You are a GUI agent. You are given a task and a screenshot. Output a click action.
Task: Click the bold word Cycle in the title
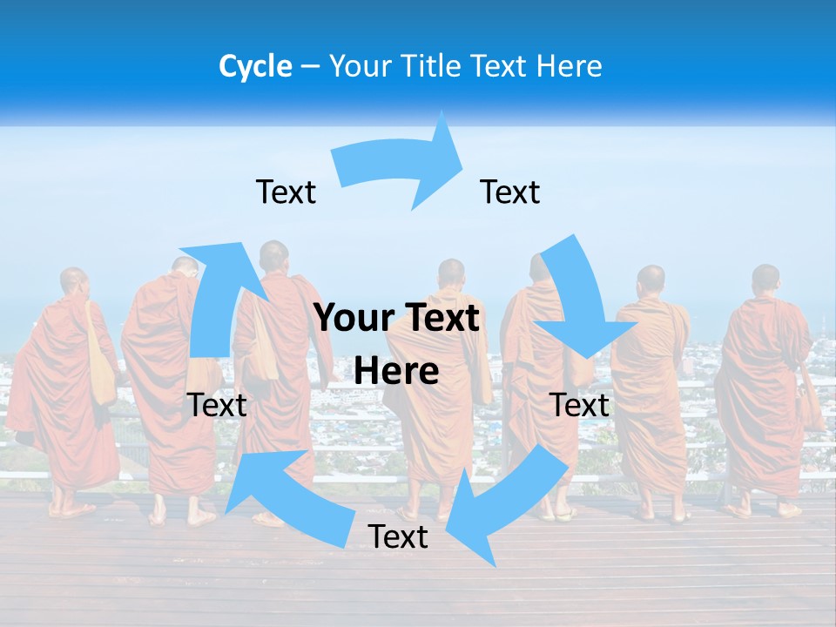255,66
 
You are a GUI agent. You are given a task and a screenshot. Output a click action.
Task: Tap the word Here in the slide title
570,66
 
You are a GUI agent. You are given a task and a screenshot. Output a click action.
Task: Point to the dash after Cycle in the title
310,67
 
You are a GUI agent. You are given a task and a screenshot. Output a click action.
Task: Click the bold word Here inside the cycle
396,372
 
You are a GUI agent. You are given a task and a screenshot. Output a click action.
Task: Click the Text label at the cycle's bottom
398,536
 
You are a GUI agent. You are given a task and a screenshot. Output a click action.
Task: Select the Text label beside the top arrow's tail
286,192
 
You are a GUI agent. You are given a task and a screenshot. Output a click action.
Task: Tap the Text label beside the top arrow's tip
510,192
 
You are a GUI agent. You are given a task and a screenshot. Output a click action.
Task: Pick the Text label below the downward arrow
579,405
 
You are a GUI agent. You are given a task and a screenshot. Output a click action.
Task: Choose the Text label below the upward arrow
217,405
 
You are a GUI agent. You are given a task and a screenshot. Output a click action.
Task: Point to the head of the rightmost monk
765,279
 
